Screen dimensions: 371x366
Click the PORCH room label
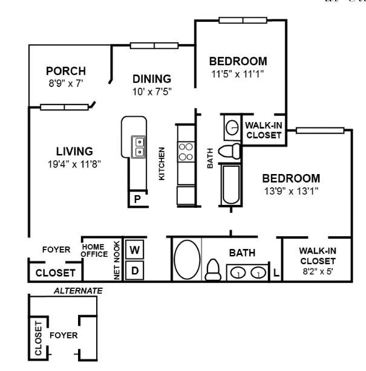click(65, 71)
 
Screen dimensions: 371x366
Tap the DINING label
click(152, 79)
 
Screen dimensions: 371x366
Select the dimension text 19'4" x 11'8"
click(74, 163)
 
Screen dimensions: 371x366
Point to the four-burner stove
click(186, 152)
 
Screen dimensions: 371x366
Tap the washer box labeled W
click(134, 249)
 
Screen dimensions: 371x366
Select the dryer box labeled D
click(134, 271)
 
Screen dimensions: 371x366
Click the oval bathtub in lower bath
click(187, 260)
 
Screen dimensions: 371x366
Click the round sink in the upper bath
click(232, 127)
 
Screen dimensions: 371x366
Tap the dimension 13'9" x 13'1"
click(290, 191)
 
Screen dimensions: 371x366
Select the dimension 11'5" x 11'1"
click(238, 74)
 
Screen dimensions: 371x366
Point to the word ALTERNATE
click(78, 291)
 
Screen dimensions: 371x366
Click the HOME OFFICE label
click(94, 251)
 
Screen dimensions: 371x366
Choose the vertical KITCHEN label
click(162, 163)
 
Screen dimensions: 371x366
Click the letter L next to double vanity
click(276, 273)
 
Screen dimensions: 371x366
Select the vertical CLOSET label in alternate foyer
click(39, 338)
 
